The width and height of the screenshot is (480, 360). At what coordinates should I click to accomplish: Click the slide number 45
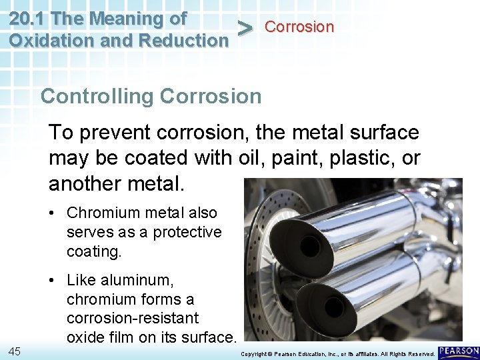tap(14, 351)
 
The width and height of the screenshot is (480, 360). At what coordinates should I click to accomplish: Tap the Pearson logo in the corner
tap(459, 351)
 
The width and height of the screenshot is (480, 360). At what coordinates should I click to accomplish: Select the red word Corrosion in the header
tap(299, 27)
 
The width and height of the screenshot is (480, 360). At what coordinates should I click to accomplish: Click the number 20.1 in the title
tap(27, 18)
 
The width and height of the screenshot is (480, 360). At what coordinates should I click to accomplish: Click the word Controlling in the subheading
tap(96, 96)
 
